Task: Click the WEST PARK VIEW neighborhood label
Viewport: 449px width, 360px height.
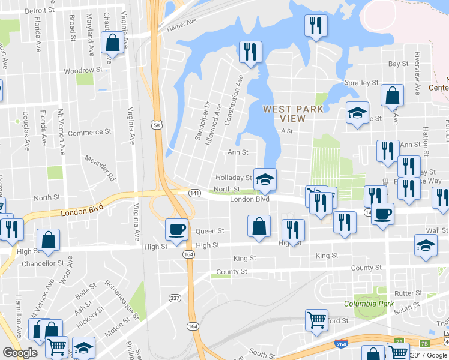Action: (293, 113)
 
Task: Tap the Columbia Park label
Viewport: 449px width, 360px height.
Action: (369, 304)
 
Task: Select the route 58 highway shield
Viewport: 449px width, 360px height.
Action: (156, 125)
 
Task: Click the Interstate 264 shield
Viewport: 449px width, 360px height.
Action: (339, 343)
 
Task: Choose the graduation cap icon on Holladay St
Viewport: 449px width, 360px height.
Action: (264, 179)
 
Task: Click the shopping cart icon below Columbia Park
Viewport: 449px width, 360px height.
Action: (316, 319)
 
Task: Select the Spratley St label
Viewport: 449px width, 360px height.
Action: (361, 83)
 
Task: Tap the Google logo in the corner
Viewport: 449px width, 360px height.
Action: (20, 353)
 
